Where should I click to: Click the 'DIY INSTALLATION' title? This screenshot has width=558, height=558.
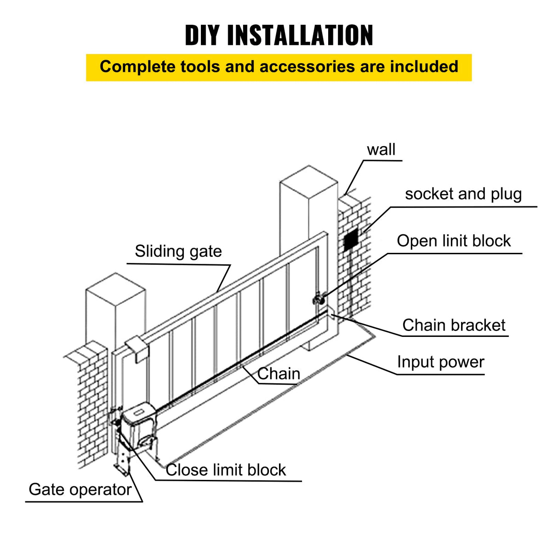coord(279,35)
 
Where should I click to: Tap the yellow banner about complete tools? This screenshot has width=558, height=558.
coord(279,67)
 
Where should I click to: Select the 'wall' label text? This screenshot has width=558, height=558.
coord(381,150)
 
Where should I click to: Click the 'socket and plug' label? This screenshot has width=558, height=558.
coord(463,194)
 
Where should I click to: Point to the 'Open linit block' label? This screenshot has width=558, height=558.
coord(454,241)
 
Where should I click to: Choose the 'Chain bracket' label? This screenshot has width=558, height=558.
coord(454,325)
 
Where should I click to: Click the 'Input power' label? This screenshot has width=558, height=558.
coord(440,362)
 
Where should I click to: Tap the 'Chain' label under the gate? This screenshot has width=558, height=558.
coord(279,374)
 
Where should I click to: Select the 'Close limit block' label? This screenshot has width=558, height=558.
coord(226,470)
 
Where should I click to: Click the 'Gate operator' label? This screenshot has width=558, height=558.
coord(80,490)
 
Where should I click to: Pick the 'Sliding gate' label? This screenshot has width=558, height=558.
coord(178,251)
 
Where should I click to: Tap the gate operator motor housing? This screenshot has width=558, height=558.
coord(138,418)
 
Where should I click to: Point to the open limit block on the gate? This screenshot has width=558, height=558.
coord(318,299)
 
